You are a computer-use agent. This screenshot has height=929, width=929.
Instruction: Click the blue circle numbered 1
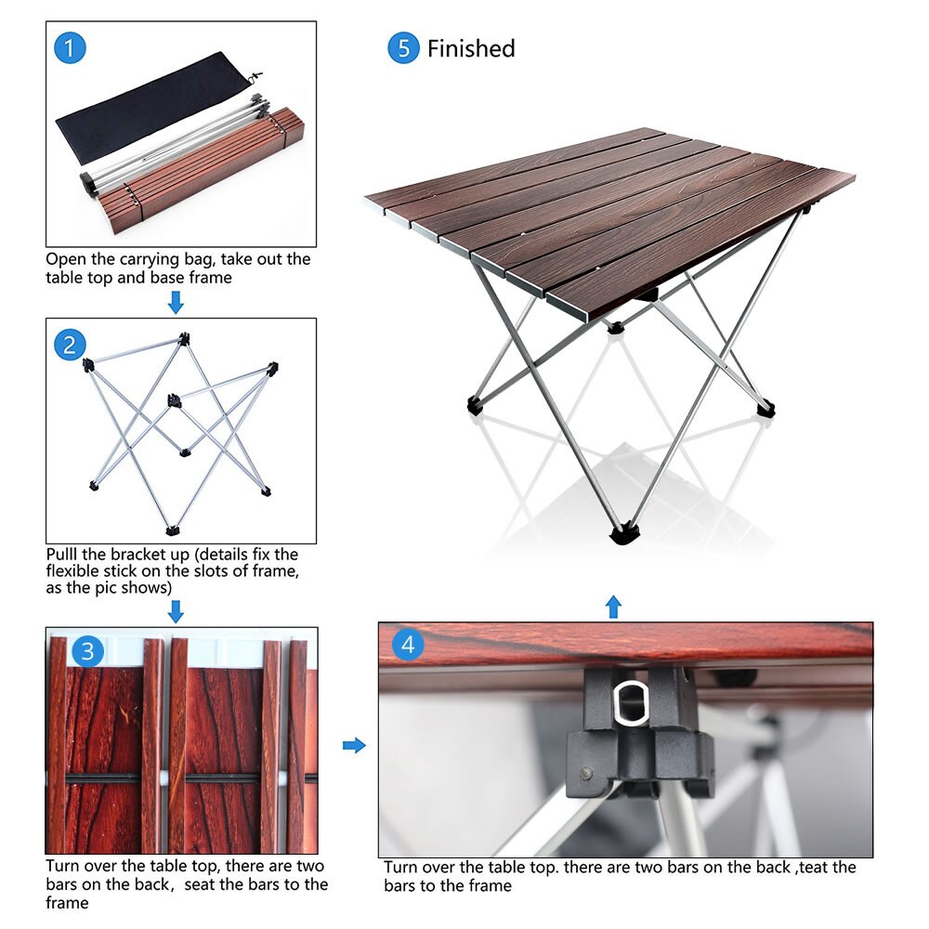[70, 48]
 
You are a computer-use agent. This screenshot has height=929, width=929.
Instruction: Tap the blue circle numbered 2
[70, 345]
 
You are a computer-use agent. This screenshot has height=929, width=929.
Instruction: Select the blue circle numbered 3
[86, 651]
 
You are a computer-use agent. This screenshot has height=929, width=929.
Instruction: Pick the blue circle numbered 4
[408, 644]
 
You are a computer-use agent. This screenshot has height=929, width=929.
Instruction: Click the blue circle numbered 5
[403, 48]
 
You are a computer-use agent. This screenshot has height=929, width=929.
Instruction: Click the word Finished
[471, 48]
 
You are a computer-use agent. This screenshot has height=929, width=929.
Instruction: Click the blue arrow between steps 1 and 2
[176, 302]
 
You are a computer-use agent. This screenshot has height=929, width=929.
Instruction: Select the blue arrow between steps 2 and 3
[176, 610]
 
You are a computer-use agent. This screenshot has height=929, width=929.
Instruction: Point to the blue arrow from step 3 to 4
[354, 745]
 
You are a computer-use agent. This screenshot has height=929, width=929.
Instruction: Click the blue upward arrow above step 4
[613, 607]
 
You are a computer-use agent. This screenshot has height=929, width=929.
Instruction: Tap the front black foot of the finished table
[624, 534]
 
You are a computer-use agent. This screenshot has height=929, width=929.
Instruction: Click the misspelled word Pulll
[67, 555]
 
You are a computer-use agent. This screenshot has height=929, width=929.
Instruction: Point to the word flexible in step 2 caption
[77, 571]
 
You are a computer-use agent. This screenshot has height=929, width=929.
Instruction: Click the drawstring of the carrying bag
[255, 77]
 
